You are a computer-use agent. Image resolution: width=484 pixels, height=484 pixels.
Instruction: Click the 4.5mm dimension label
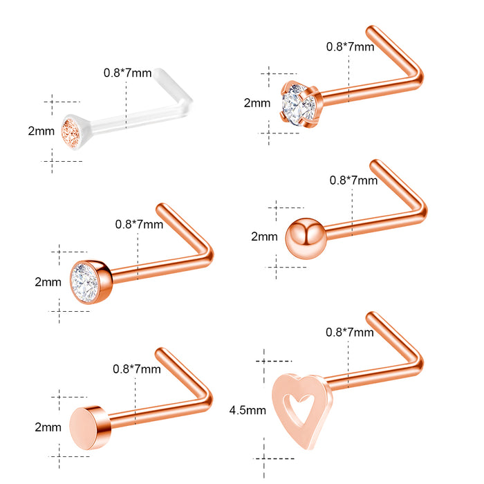pos(248,410)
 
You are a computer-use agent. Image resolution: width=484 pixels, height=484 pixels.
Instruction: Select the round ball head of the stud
pos(306,239)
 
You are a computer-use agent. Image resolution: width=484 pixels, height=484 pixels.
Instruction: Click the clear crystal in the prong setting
pos(298,104)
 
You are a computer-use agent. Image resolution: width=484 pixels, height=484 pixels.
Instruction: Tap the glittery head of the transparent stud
pos(72,133)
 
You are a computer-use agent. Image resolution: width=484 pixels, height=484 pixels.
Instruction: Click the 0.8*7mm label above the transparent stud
pos(127,73)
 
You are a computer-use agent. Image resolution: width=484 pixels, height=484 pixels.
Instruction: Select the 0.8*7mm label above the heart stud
pos(350,332)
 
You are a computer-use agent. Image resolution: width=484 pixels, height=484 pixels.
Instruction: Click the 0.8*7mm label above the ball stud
pos(353,180)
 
